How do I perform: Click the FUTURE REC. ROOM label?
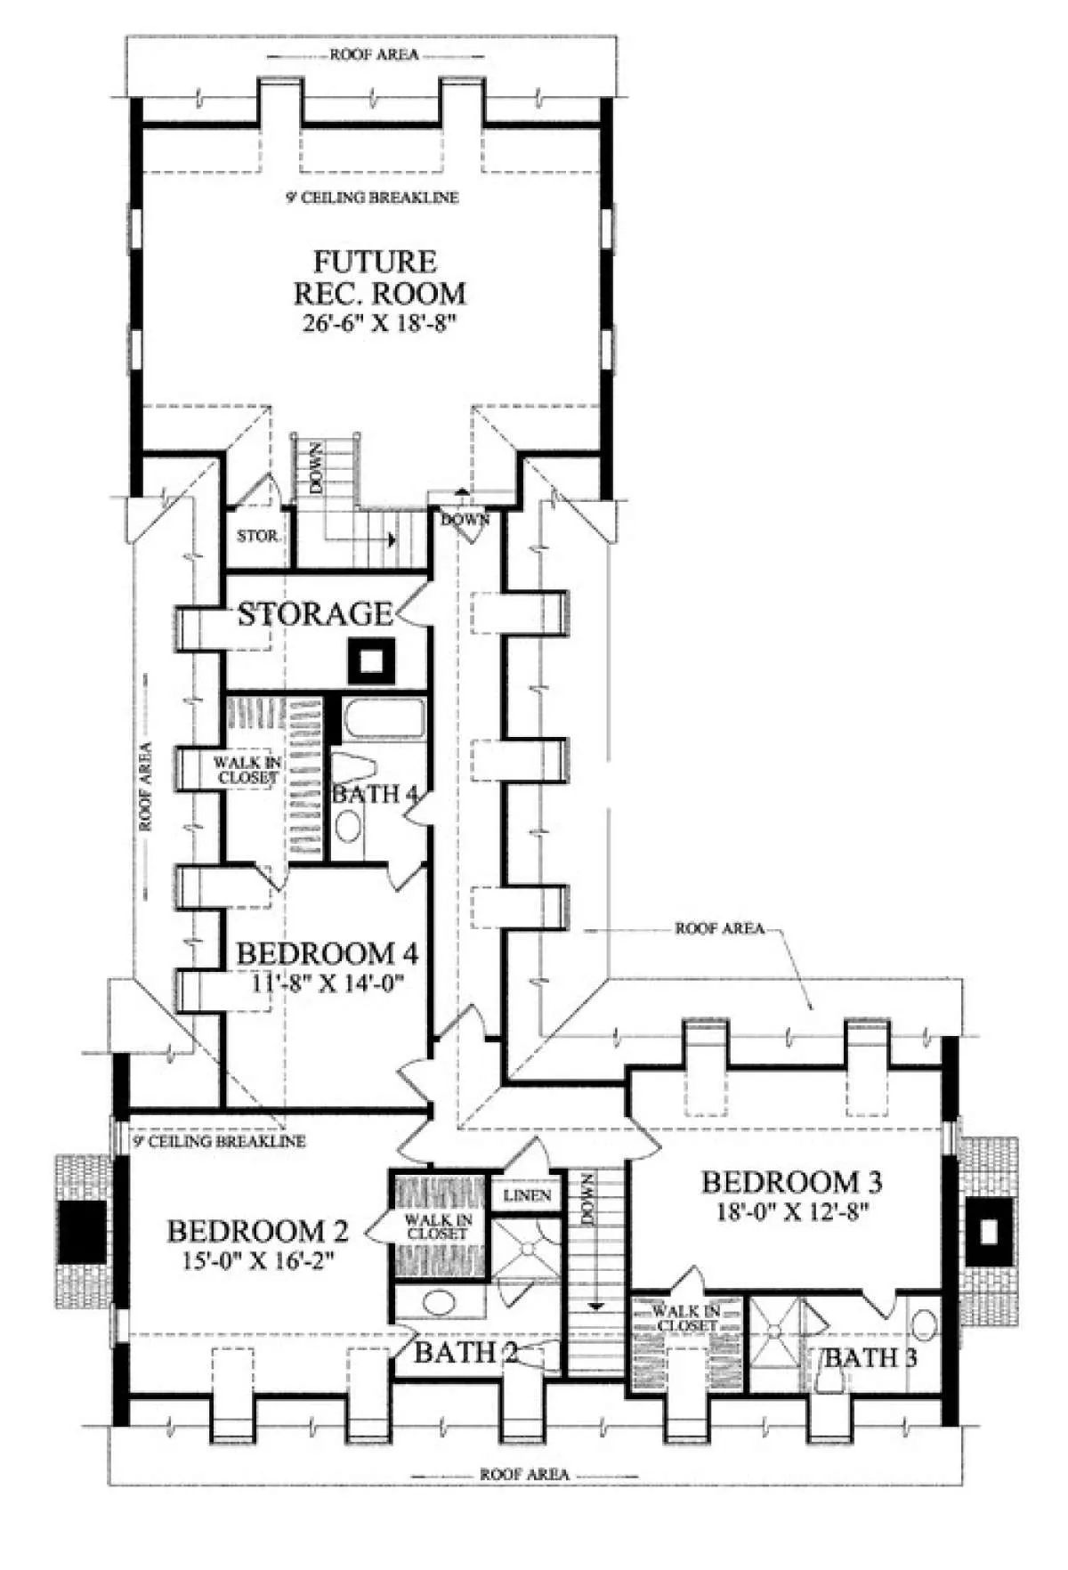tap(377, 277)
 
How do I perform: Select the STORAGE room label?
tap(314, 614)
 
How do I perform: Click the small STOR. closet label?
tap(258, 537)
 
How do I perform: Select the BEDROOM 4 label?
tap(327, 954)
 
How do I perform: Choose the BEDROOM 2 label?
tap(257, 1232)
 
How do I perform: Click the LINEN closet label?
tap(527, 1195)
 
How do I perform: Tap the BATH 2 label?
tap(465, 1353)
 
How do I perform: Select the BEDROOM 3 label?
tap(792, 1182)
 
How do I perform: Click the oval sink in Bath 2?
tap(438, 1303)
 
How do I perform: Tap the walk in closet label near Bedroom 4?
tap(247, 770)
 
